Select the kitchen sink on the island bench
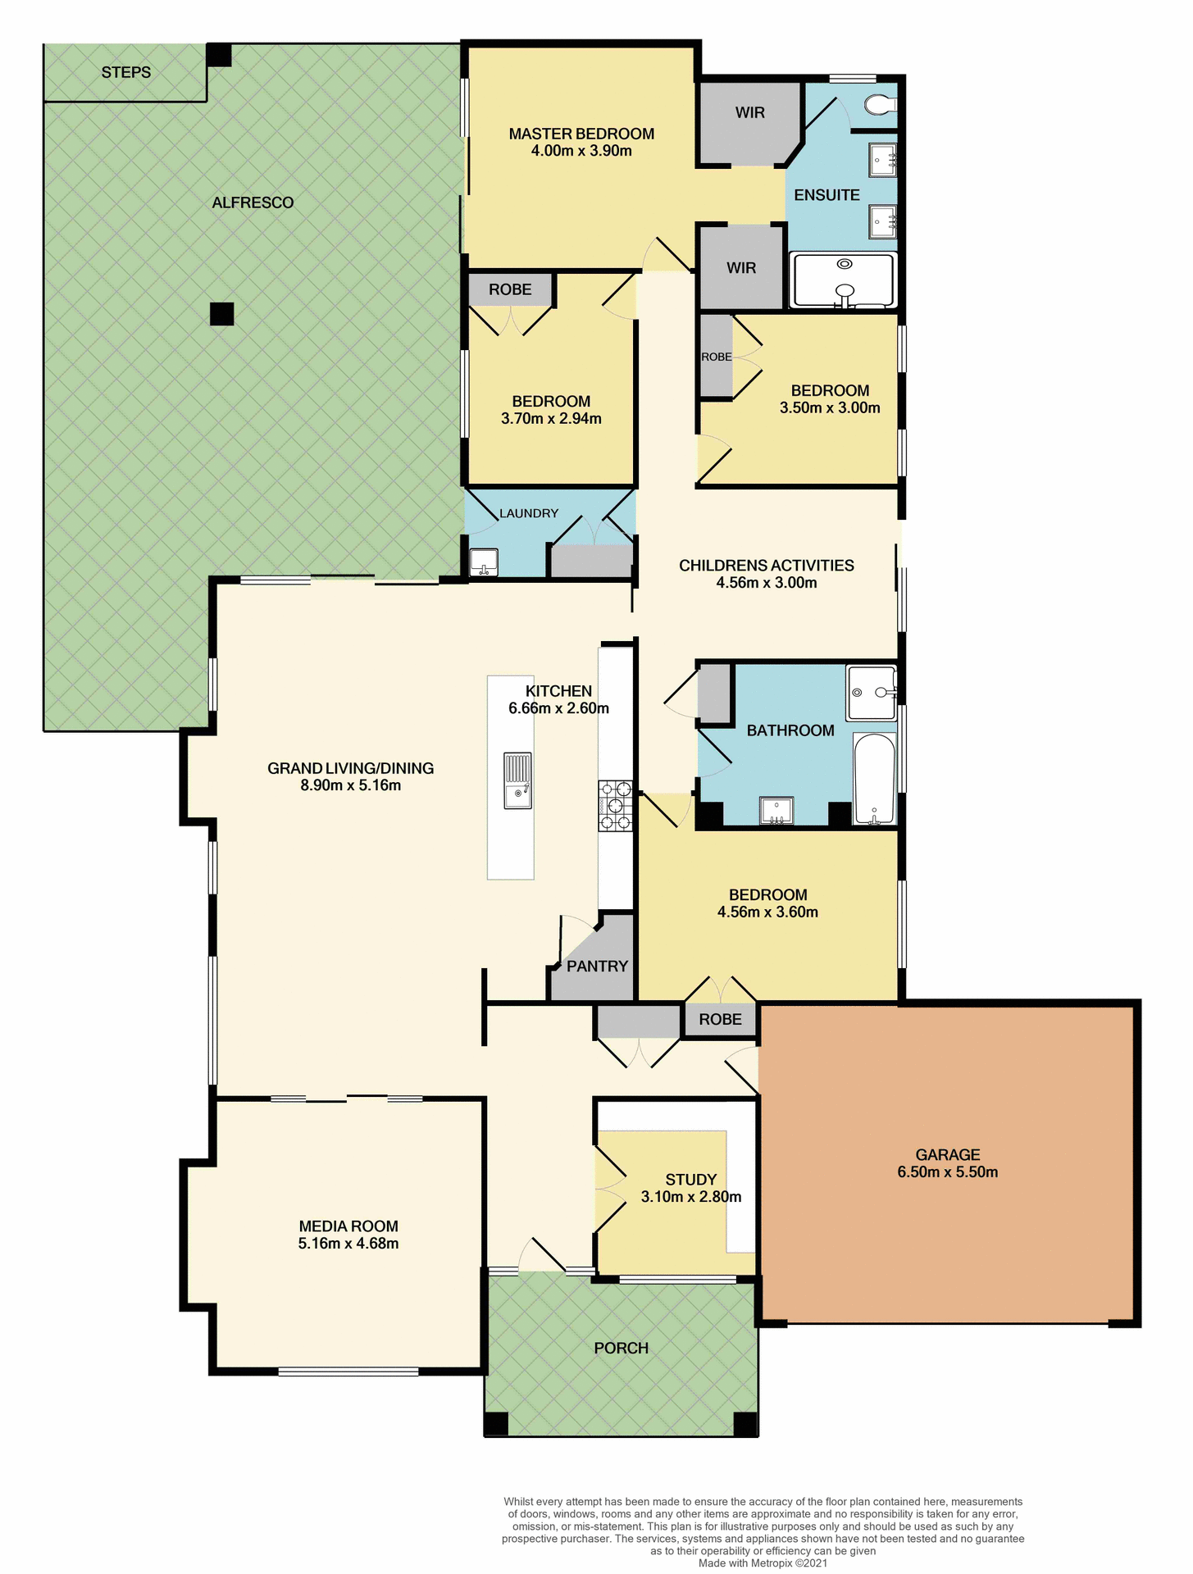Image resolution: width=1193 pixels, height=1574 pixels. [517, 780]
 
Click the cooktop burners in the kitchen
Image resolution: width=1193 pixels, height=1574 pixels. [616, 806]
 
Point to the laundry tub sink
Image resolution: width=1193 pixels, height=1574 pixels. [483, 562]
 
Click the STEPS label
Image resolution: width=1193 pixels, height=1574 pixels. [126, 72]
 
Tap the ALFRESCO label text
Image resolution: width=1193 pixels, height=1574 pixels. [253, 202]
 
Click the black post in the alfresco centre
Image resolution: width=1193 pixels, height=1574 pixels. [221, 314]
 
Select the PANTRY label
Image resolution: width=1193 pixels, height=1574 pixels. [597, 967]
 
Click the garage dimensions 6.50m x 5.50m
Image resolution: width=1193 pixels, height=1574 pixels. [947, 1172]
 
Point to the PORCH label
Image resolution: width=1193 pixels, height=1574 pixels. [621, 1348]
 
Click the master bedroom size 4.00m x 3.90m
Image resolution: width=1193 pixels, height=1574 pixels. [581, 151]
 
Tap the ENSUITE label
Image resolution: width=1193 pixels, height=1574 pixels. [826, 195]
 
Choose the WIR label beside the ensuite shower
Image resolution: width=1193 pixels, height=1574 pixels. [741, 268]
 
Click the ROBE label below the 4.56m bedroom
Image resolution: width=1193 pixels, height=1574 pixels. [720, 1019]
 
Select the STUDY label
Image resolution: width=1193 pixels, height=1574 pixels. [690, 1180]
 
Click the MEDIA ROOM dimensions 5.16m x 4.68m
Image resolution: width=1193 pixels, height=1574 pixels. [348, 1244]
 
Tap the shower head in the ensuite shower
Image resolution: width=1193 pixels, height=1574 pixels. [845, 264]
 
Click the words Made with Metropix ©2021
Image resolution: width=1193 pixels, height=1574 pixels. [763, 1563]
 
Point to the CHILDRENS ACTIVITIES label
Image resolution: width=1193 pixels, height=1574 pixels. [766, 566]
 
